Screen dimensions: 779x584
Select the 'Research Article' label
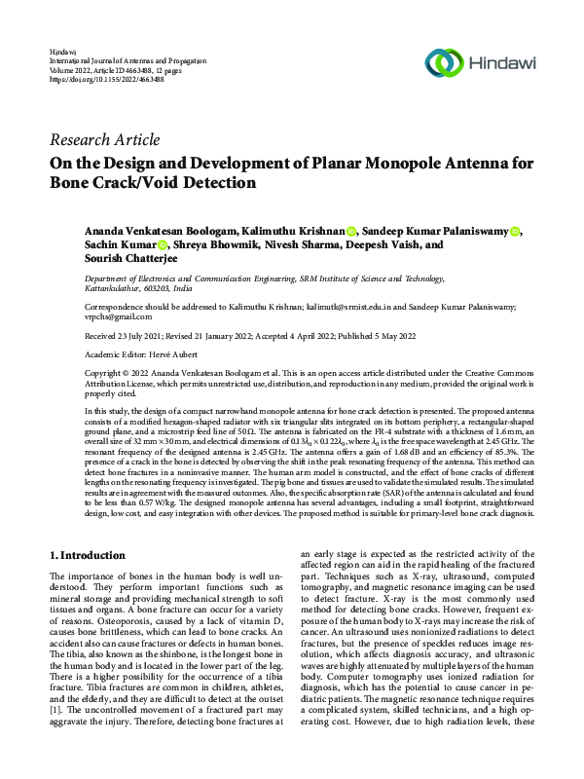pos(104,139)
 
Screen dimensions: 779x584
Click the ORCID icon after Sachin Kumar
pos(163,245)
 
